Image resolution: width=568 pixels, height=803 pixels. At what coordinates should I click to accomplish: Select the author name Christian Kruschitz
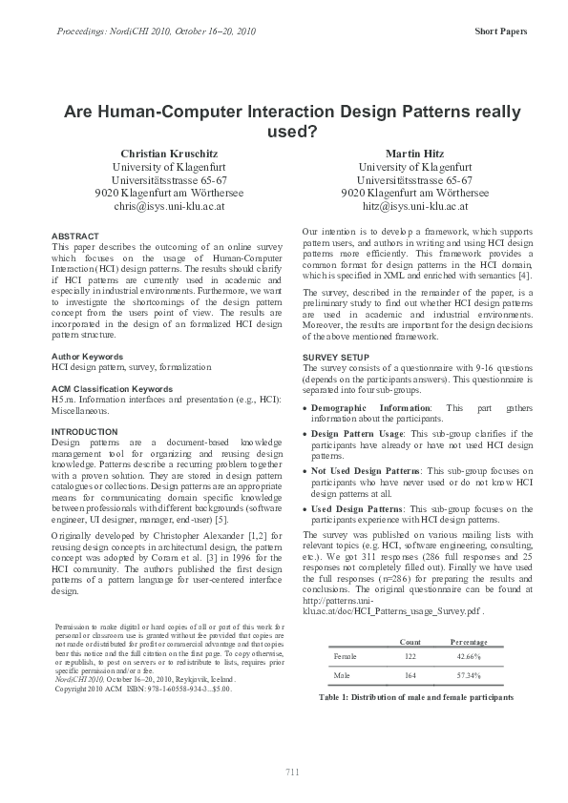[x=169, y=154]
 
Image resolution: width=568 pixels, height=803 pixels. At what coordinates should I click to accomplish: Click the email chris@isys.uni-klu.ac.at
[x=169, y=205]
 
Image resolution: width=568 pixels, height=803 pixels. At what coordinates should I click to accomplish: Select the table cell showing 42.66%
[x=469, y=657]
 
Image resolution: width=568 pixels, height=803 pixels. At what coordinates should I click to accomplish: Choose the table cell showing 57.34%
[x=469, y=675]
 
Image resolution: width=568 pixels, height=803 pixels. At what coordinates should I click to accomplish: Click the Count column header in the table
[x=410, y=641]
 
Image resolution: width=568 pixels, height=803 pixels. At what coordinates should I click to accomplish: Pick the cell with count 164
[x=410, y=675]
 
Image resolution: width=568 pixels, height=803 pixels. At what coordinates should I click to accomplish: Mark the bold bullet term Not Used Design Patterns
[x=367, y=471]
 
